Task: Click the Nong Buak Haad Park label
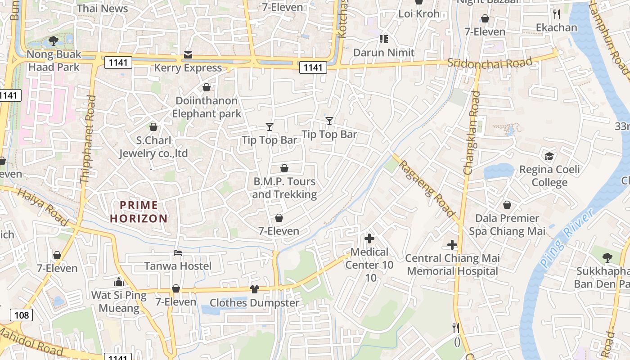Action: pos(54,61)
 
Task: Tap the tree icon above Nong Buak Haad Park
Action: pos(54,41)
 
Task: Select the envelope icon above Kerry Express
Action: pos(188,55)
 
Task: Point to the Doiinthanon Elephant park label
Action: pos(207,107)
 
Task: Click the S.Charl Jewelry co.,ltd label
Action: pos(153,147)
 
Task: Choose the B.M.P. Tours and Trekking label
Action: pos(284,188)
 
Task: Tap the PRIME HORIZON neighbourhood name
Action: pos(139,212)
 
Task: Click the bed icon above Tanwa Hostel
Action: pos(178,253)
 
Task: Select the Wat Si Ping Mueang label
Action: pos(119,302)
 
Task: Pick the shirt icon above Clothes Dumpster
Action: pos(255,289)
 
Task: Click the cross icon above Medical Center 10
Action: pos(369,238)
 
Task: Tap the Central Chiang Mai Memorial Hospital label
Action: pos(452,265)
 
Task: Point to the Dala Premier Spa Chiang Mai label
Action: pos(507,225)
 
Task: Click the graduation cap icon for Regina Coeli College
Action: pos(549,156)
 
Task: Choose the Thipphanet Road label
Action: pos(88,139)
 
